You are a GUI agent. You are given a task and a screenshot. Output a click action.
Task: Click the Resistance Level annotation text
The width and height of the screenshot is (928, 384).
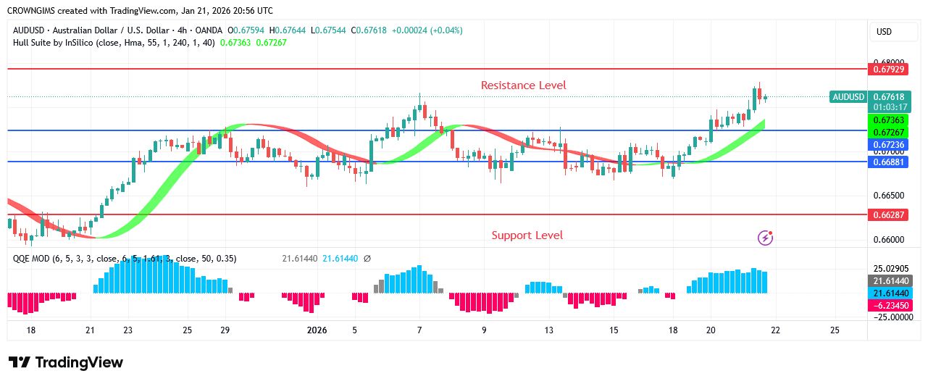523,85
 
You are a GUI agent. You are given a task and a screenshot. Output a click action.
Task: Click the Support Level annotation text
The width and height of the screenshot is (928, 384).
527,235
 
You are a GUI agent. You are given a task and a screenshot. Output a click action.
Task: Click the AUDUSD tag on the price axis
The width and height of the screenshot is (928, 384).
848,97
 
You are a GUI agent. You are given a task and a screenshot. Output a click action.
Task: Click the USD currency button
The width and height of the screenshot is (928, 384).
884,32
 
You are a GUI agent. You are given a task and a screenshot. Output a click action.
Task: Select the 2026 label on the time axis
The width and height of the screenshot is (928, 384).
317,330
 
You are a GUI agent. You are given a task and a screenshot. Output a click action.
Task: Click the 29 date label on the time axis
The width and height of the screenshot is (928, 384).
225,330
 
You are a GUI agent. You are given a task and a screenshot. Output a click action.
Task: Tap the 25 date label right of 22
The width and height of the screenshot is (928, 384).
835,330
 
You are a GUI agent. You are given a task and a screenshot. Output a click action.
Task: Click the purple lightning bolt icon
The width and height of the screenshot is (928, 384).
765,238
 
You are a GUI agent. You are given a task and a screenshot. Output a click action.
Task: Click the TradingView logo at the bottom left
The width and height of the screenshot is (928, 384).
66,362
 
